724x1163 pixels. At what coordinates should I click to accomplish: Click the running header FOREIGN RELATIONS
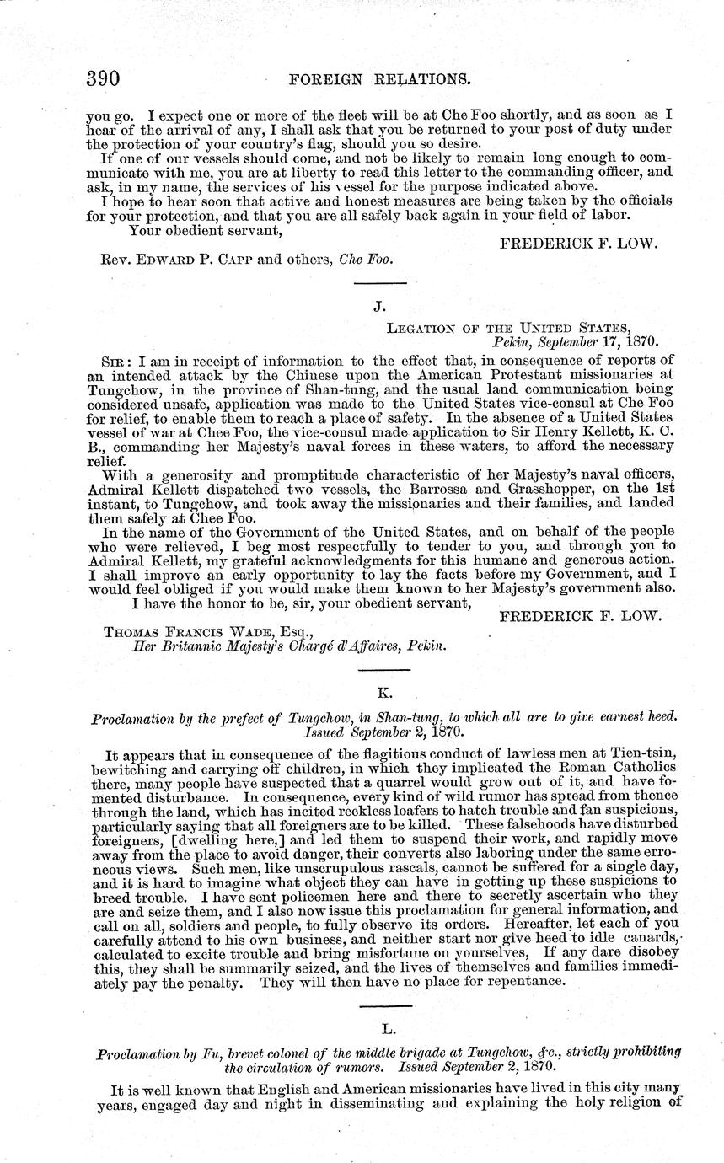pyautogui.click(x=378, y=80)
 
